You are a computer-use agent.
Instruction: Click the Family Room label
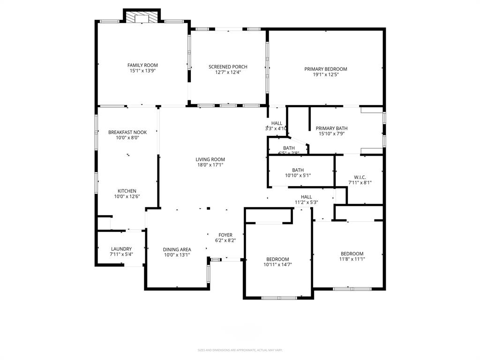coord(142,65)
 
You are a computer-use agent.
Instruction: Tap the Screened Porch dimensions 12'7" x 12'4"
coord(228,73)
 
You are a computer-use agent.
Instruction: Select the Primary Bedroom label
coord(326,69)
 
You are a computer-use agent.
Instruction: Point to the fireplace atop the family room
coord(142,17)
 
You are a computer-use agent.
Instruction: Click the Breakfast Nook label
coord(127,132)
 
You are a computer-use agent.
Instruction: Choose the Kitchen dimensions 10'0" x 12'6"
coord(127,197)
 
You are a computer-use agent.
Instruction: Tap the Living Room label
coord(210,159)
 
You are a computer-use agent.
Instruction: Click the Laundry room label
coord(121,249)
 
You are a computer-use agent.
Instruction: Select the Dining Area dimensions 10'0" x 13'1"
coord(177,255)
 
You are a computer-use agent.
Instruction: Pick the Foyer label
coord(225,235)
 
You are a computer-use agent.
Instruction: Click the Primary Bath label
coord(331,128)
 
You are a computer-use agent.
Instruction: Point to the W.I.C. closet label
coord(360,177)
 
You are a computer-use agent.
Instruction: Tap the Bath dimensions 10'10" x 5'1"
coord(298,176)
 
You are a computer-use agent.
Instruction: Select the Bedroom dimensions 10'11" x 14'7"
coord(277,265)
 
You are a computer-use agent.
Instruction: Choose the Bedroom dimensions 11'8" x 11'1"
coord(352,259)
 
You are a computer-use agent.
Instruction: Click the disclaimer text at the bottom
coord(240,350)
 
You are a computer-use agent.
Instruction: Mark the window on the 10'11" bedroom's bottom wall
coord(279,298)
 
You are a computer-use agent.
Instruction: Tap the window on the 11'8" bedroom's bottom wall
coord(352,289)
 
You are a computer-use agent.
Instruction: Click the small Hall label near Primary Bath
coord(277,123)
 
